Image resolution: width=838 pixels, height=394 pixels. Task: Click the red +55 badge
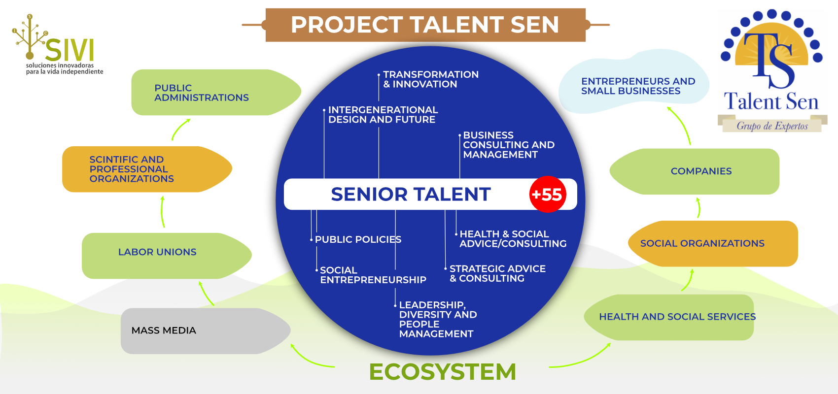548,195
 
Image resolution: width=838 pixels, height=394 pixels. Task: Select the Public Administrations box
216,92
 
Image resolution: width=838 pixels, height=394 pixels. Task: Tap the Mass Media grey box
206,331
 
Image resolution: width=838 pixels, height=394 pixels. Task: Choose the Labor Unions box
167,256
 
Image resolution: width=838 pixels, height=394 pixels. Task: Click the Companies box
695,171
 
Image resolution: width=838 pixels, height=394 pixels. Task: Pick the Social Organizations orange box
713,243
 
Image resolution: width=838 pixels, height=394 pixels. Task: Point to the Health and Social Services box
669,317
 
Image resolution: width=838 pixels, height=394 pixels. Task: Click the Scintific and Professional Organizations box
147,169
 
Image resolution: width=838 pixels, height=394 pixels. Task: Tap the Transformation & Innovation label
431,79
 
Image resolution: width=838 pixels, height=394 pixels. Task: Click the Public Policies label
358,239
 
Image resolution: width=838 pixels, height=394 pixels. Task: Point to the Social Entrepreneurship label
373,275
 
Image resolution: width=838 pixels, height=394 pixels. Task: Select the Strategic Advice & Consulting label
497,274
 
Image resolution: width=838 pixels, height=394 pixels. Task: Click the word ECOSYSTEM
443,371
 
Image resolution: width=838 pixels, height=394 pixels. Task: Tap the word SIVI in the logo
69,50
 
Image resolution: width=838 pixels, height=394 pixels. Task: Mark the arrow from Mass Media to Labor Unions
206,294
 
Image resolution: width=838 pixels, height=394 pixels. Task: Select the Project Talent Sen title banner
425,25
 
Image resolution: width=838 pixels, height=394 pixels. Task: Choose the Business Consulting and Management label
509,145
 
